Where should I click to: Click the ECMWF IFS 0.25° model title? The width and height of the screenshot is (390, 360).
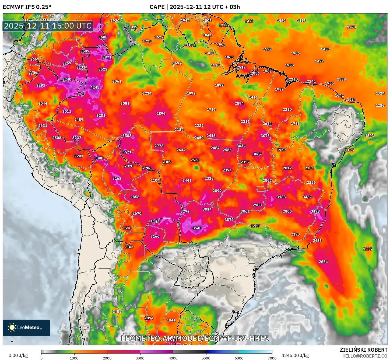27,7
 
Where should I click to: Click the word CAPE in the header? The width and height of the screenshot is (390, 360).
157,7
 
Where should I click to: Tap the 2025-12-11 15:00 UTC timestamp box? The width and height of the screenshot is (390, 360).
48,26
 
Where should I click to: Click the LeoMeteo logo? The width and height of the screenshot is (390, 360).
26,327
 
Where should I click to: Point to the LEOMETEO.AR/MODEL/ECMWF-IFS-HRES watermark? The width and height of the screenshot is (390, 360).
195,338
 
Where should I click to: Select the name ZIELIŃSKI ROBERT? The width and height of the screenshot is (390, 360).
363,350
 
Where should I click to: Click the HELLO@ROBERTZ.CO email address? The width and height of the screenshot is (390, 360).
365,356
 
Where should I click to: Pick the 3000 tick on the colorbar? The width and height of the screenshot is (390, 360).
140,358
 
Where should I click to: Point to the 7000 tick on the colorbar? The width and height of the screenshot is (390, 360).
272,358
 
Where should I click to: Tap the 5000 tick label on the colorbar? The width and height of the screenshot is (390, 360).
206,358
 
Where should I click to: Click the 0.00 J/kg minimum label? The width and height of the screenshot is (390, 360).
18,355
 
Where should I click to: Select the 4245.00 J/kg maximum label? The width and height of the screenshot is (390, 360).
295,355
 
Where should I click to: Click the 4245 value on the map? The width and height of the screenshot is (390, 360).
95,87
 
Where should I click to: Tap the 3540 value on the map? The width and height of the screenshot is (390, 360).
197,228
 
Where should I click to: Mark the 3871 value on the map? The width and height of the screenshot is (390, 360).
107,57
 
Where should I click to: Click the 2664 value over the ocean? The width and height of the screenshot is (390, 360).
323,262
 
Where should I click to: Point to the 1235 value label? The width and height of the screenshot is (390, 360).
367,249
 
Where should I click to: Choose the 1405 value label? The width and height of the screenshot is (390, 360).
117,311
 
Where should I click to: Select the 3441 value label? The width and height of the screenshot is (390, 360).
187,180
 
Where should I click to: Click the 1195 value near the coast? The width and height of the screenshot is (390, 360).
349,150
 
